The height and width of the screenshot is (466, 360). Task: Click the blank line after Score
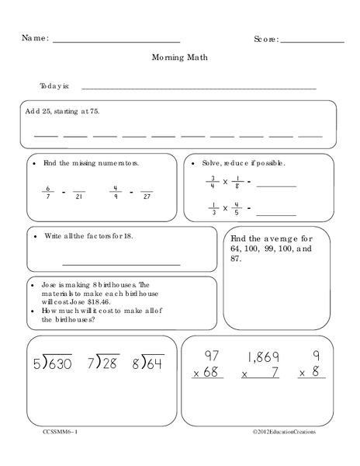click(312, 40)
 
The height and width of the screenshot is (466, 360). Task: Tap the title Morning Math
click(180, 57)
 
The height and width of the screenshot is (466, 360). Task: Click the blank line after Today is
click(199, 88)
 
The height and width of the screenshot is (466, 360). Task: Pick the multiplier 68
click(212, 374)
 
